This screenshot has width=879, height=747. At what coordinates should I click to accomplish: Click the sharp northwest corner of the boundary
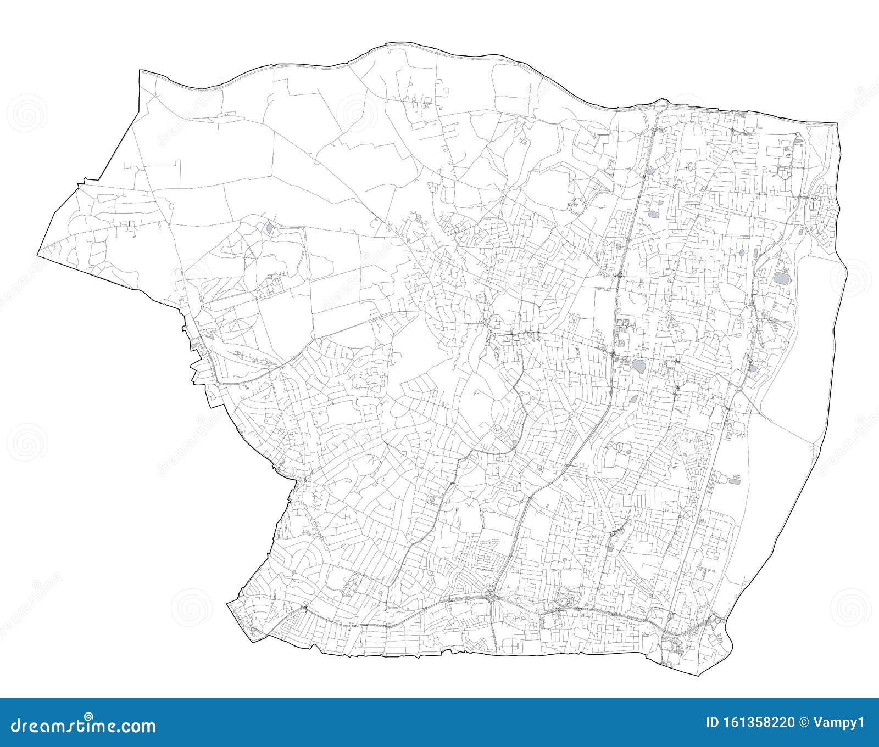click(x=141, y=71)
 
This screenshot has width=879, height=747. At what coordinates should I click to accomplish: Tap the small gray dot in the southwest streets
click(x=294, y=573)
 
